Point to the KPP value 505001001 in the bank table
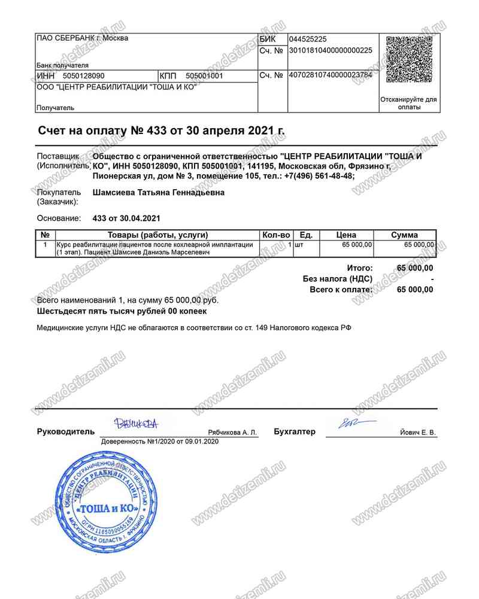tap(204, 76)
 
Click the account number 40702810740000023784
tap(331, 75)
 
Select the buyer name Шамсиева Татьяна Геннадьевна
tap(159, 193)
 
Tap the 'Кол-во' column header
tap(277, 235)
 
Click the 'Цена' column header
tap(346, 235)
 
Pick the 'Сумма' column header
tap(404, 235)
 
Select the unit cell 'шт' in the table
tap(299, 245)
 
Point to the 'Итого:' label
tap(360, 268)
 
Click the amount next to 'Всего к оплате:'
tap(415, 290)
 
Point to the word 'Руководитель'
tap(66, 431)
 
